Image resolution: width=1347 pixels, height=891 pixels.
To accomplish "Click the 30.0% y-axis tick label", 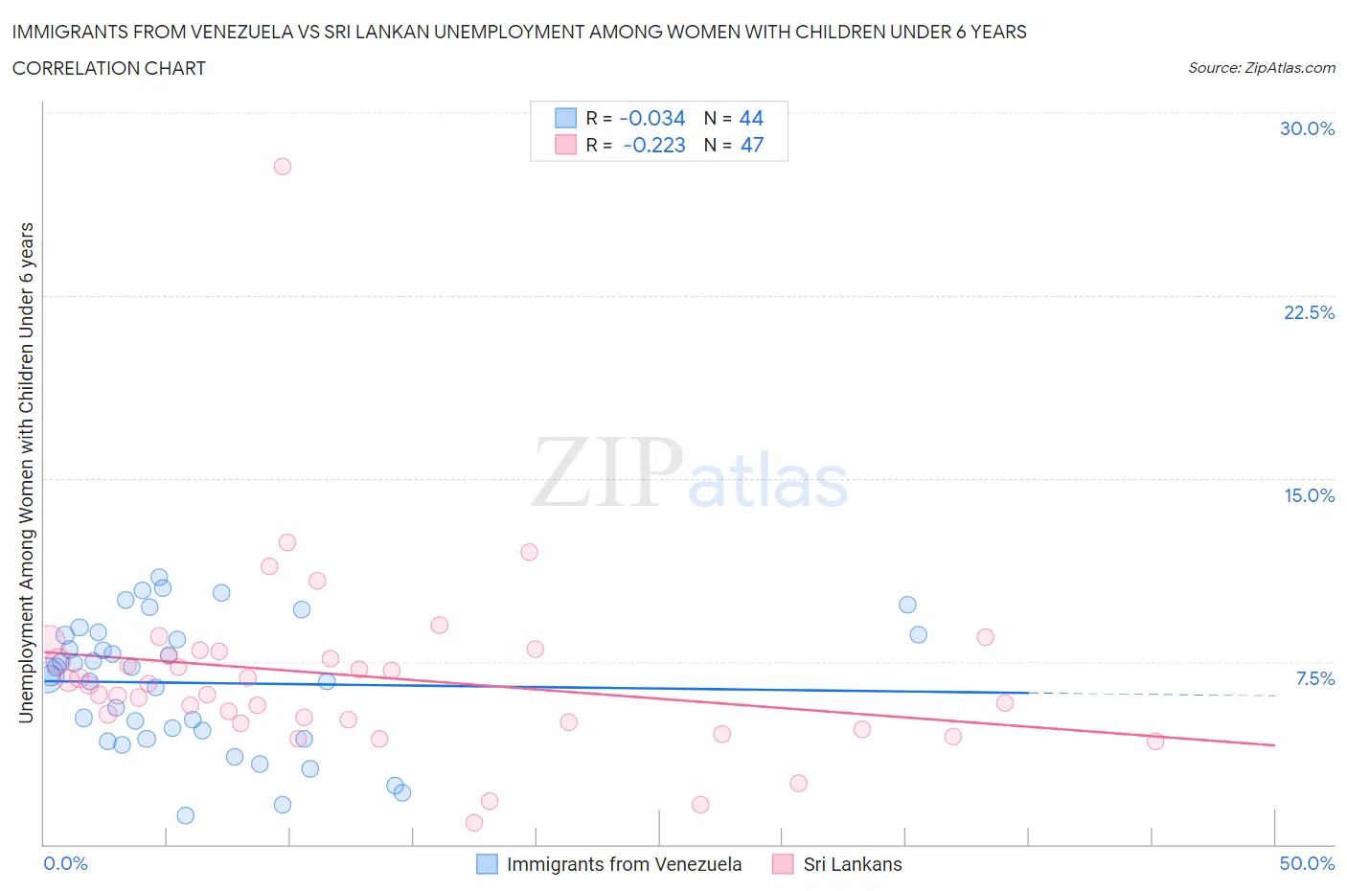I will coord(1307,128).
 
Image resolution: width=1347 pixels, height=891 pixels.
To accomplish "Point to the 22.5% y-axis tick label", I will coord(1309,312).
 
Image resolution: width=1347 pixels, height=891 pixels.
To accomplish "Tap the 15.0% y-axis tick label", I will coord(1309,495).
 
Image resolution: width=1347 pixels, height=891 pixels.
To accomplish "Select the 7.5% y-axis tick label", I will coord(1314,678).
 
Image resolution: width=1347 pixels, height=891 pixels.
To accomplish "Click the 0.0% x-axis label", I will coord(65,863).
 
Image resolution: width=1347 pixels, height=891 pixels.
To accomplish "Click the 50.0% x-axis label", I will coord(1307,863).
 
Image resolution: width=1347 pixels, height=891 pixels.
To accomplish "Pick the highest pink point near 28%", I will coord(282,166).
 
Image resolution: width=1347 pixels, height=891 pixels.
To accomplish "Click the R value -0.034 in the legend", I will coord(652,118).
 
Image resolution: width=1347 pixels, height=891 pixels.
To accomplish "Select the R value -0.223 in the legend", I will coord(653,145).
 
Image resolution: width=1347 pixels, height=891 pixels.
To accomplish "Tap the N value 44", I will coord(751,118).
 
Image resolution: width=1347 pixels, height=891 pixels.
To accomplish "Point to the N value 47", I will coord(752,145).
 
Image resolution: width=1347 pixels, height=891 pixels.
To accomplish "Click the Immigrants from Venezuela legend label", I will coord(624,864).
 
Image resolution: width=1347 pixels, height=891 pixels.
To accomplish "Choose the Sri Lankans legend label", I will coord(853,864).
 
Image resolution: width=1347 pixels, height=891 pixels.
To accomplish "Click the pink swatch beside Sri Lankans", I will coord(783,864).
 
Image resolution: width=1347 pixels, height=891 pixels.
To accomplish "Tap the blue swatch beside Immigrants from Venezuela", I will coord(487,864).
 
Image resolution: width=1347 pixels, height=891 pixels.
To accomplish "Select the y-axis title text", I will coord(26,471).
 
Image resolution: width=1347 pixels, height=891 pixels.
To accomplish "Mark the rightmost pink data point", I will coord(1155,741).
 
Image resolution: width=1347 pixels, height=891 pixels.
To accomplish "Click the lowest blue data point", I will coord(186,815).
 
